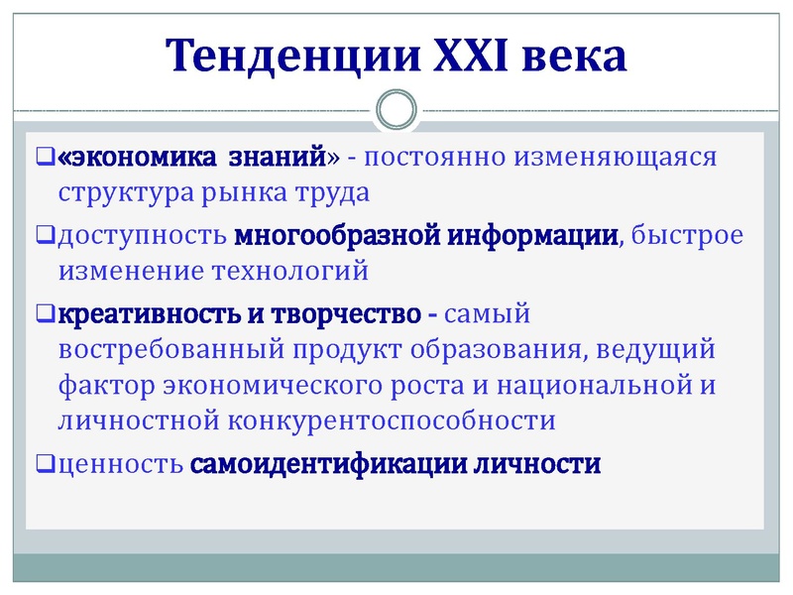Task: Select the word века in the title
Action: (577, 57)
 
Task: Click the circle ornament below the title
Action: (396, 108)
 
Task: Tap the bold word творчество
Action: (343, 316)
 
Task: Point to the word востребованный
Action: (169, 351)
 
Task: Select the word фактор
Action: (100, 386)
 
